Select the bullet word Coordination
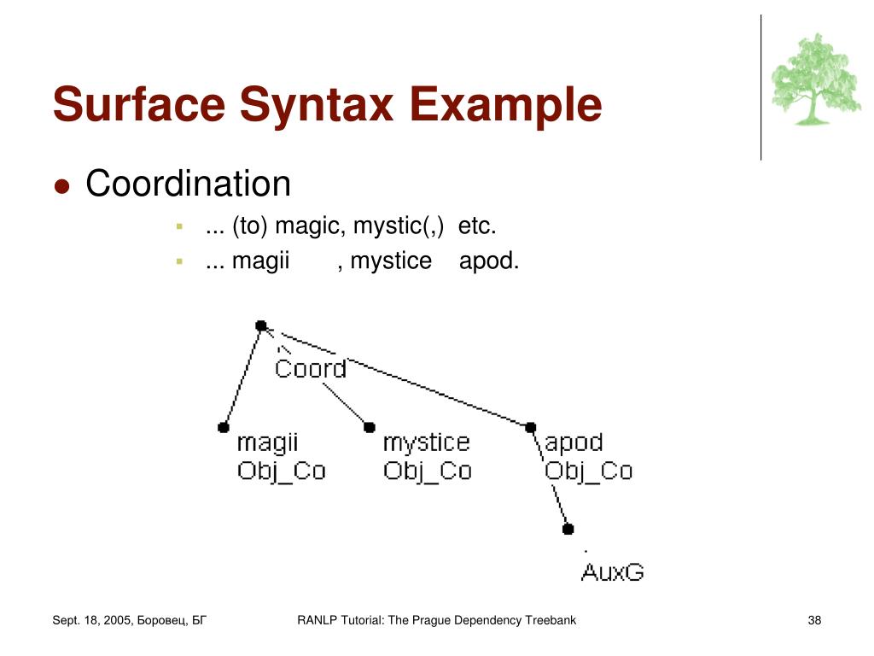coord(189,184)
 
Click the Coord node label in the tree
coord(311,369)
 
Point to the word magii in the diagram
coord(267,442)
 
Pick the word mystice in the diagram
coord(426,442)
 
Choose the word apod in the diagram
coord(574,442)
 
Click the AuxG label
coord(612,572)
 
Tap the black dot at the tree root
coord(261,325)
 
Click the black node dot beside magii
coord(224,427)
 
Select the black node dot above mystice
coord(370,427)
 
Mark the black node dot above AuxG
coord(568,529)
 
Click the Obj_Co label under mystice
coord(427,471)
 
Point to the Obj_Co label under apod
coord(588,471)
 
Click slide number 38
coord(814,620)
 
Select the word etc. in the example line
coord(477,228)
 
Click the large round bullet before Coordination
coord(61,186)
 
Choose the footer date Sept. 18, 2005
coord(91,620)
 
